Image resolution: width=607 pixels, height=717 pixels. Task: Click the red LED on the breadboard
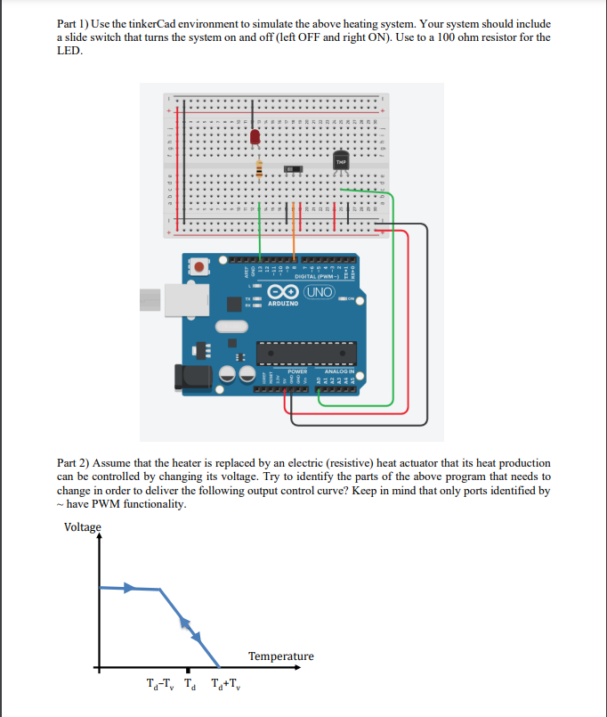[x=255, y=137]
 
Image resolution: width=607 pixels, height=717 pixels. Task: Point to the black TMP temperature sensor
[x=342, y=160]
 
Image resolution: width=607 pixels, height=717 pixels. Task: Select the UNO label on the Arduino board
[x=320, y=292]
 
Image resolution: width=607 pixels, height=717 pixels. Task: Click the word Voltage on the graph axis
[x=83, y=526]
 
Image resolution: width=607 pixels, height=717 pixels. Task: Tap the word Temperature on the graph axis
[x=280, y=656]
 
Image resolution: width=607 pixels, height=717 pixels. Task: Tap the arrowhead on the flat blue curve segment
[x=130, y=588]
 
